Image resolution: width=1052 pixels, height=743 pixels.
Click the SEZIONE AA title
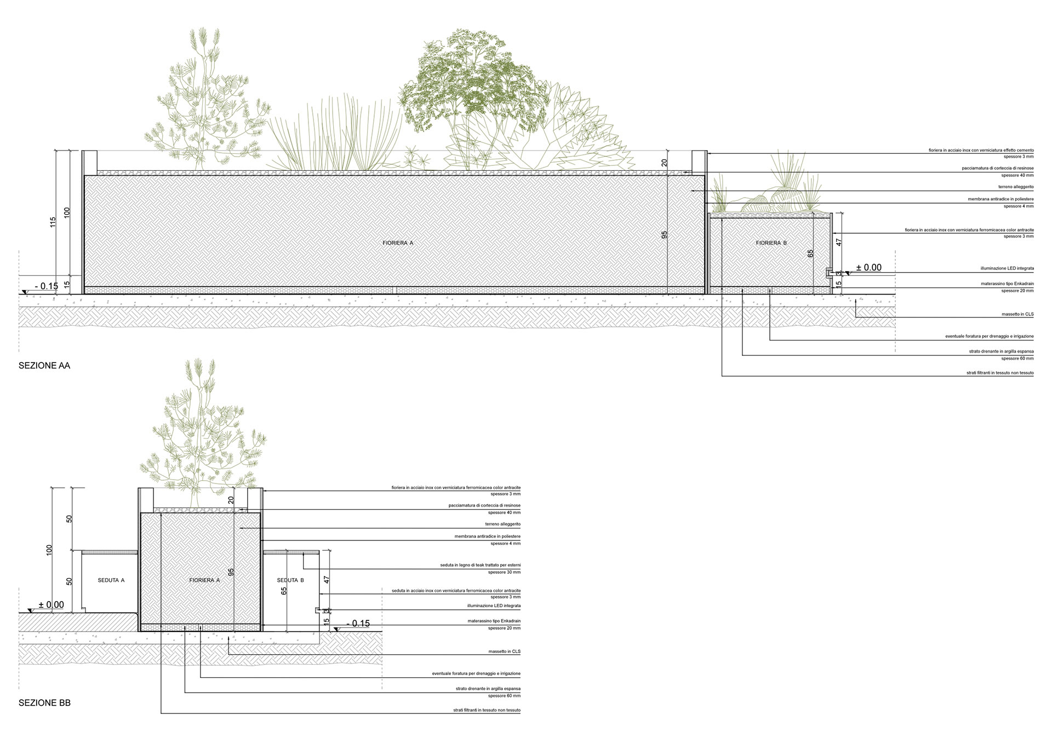click(44, 366)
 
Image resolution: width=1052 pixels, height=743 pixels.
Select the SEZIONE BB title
click(44, 703)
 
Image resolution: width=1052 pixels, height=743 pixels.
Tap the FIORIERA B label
click(771, 243)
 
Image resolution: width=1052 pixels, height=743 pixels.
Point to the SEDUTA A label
click(111, 580)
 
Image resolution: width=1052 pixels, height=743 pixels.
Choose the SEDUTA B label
click(290, 580)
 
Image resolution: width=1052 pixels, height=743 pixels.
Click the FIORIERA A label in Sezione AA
click(398, 242)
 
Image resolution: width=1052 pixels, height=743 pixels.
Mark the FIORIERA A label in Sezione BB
click(204, 580)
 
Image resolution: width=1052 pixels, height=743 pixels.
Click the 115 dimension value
click(53, 222)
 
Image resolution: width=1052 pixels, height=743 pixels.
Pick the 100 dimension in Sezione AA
click(67, 212)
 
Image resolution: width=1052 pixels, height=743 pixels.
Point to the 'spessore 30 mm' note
click(504, 572)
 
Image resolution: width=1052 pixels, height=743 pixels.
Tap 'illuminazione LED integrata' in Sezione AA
click(1007, 269)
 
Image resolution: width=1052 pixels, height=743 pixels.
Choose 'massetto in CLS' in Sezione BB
click(505, 652)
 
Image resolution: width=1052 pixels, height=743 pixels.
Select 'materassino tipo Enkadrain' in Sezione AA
click(1007, 284)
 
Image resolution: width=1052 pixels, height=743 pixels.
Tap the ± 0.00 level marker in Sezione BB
click(51, 605)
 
